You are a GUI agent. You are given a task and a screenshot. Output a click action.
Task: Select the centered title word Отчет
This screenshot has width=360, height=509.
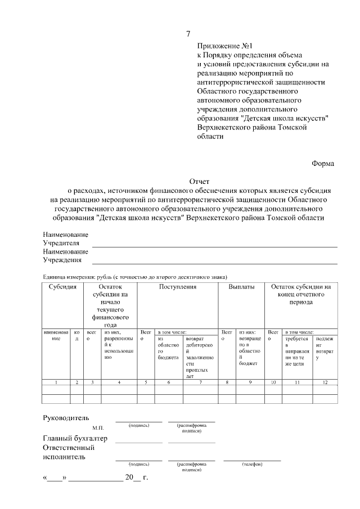coord(199,182)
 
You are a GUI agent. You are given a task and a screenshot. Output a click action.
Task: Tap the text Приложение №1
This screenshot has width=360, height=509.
coord(223,46)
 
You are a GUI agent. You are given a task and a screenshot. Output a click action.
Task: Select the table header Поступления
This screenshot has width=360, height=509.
coord(178,287)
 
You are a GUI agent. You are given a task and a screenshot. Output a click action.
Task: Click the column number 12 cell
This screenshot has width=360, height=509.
coord(325,382)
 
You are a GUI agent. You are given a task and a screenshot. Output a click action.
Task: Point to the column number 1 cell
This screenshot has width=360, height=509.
coord(56,382)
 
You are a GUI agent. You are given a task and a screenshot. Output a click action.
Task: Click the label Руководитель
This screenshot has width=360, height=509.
coord(66,418)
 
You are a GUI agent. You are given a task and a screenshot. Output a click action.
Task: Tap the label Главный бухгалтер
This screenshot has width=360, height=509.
coord(75,439)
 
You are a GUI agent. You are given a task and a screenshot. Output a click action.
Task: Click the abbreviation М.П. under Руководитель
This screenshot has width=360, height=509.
coord(98,428)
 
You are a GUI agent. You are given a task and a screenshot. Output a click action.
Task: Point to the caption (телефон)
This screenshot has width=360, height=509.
coord(252,464)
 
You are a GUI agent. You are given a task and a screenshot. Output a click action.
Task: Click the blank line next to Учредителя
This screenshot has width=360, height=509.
coord(214,246)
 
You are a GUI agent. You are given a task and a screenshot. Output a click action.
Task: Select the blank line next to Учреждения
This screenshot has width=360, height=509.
coord(214,263)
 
